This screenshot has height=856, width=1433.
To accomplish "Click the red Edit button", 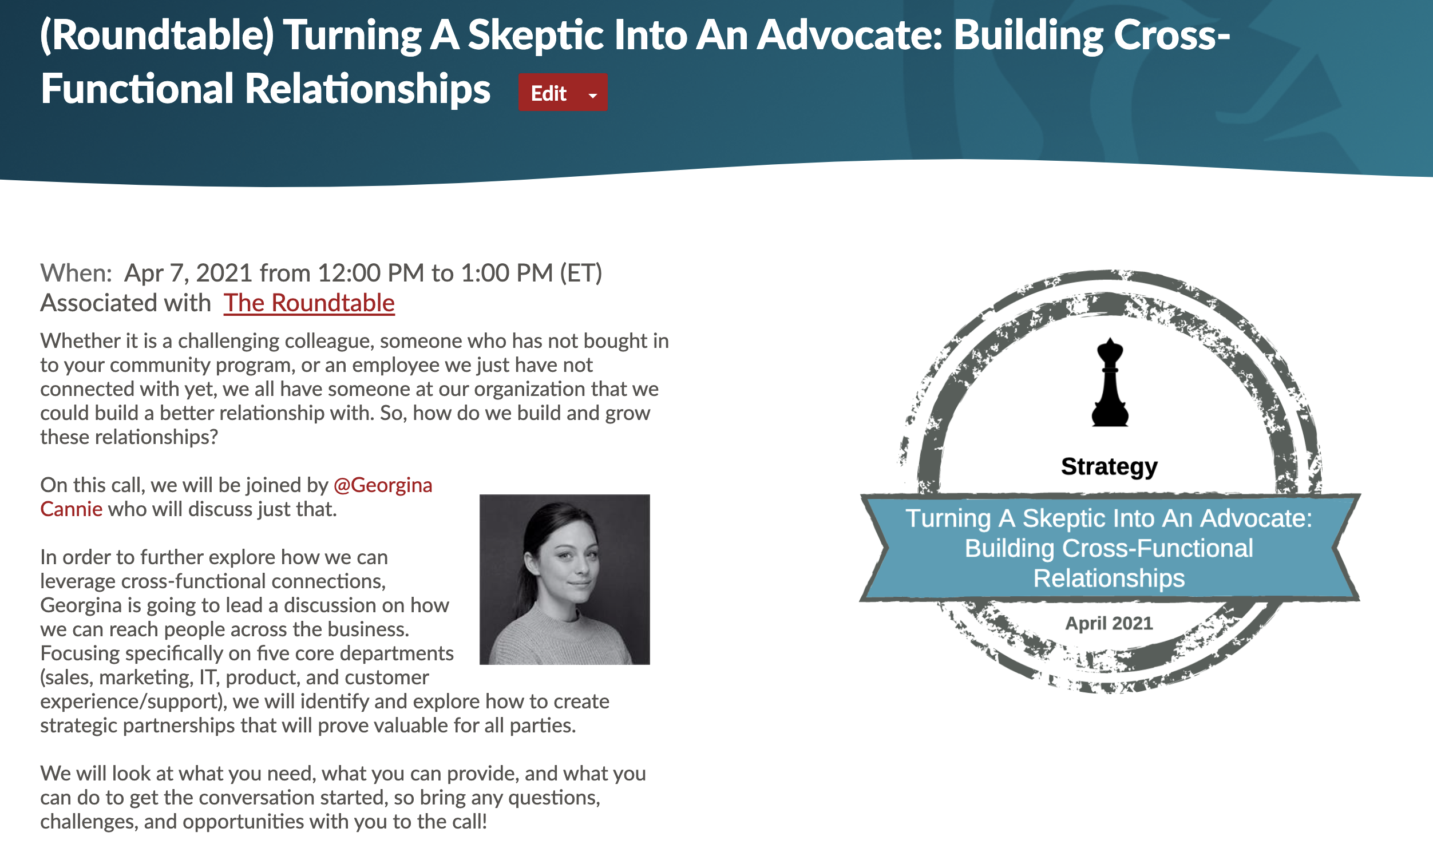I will pyautogui.click(x=549, y=93).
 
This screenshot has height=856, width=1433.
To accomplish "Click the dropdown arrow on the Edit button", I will pyautogui.click(x=592, y=95).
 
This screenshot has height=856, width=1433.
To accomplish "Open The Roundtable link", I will pyautogui.click(x=309, y=303).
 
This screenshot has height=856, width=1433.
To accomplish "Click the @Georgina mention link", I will pyautogui.click(x=382, y=485).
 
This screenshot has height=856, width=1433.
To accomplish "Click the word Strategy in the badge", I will pyautogui.click(x=1109, y=466).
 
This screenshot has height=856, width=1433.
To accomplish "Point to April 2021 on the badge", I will pyautogui.click(x=1108, y=624).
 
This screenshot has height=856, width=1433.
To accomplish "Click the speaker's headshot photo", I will pyautogui.click(x=564, y=579).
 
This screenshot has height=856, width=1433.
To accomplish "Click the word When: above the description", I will pyautogui.click(x=76, y=273).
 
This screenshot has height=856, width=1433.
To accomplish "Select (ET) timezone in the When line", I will pyautogui.click(x=580, y=273).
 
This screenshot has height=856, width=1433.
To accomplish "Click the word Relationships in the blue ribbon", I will pyautogui.click(x=1108, y=578).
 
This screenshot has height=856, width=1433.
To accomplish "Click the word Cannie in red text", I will pyautogui.click(x=71, y=509).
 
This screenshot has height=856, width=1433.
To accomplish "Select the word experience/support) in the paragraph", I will pyautogui.click(x=132, y=702).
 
